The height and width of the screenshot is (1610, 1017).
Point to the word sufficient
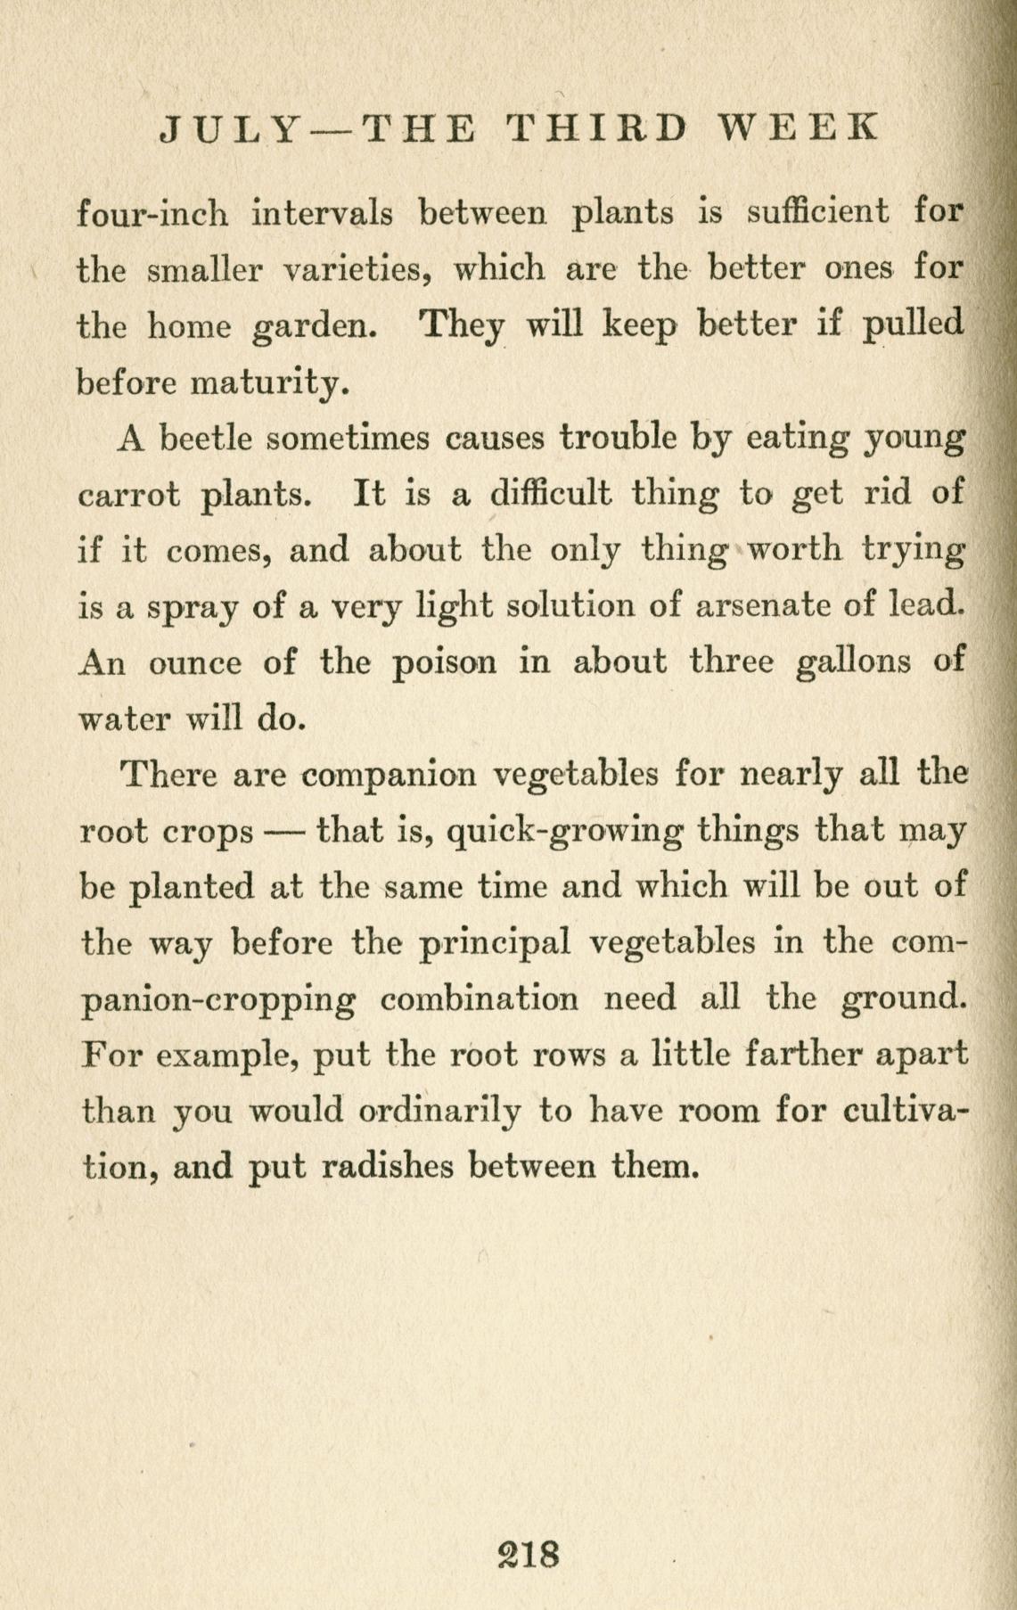coord(817,213)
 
